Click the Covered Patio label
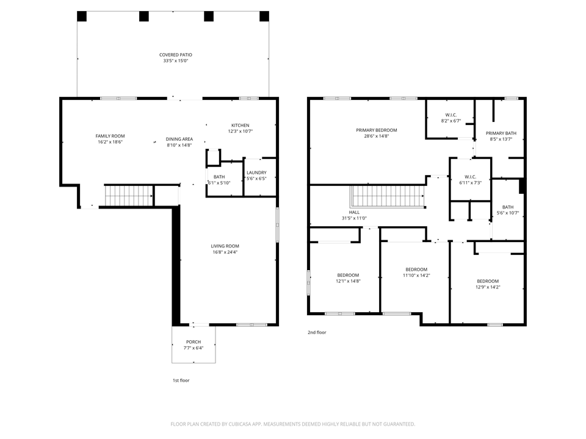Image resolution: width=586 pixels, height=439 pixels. tap(176, 55)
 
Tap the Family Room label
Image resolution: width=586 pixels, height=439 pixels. tap(110, 136)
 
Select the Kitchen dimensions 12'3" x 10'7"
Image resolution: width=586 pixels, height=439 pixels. tap(240, 131)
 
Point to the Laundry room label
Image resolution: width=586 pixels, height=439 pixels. tap(256, 173)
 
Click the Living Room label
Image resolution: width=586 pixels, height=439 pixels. tap(225, 246)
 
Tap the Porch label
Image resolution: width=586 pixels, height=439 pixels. tap(193, 342)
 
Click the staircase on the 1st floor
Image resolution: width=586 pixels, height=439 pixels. tap(128, 196)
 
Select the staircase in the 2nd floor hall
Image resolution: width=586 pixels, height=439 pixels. tap(387, 196)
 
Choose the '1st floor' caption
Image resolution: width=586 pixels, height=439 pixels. tap(181, 380)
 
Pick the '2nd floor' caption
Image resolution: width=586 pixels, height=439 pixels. tap(317, 333)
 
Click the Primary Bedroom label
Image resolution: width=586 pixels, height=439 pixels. tap(377, 130)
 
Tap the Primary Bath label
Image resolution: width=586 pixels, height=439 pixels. tap(501, 134)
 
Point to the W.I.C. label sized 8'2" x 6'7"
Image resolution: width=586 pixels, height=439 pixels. tap(451, 115)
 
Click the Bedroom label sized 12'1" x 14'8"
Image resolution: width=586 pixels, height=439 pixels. tap(348, 275)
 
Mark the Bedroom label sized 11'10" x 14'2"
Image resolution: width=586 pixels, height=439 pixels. tap(416, 269)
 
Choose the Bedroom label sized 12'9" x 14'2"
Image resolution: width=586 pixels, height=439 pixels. tap(488, 281)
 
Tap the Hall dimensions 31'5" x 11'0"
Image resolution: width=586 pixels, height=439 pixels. tap(354, 218)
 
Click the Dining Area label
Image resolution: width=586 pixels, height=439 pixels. tap(179, 139)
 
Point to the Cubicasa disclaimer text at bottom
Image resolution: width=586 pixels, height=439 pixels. tap(293, 424)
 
